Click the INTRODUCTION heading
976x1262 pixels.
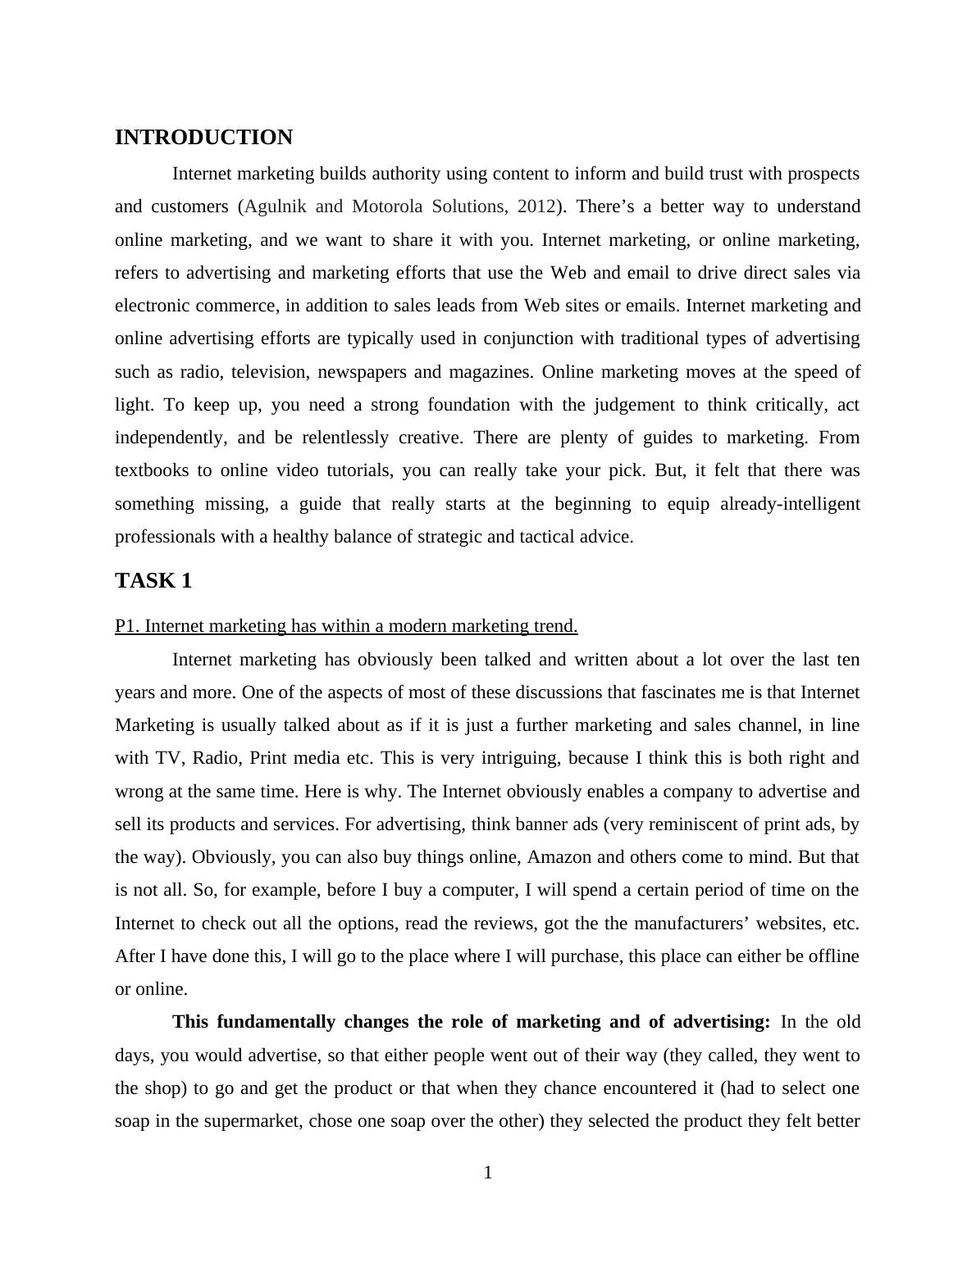coord(203,138)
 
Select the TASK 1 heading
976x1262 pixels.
coord(153,581)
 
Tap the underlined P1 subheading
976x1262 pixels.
coord(346,626)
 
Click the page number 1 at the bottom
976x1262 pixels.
coord(488,1173)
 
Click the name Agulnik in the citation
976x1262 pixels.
coord(276,207)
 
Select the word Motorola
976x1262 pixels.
coord(387,207)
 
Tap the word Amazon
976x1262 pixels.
coord(558,857)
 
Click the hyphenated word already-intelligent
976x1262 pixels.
coord(790,504)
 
